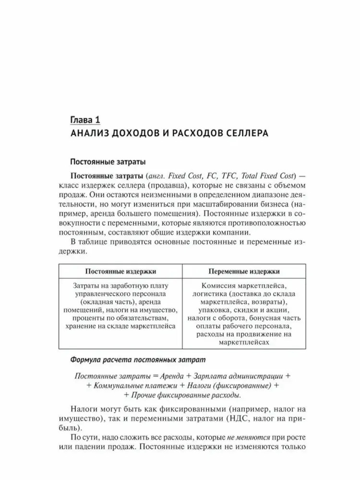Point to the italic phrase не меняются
point(243,437)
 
